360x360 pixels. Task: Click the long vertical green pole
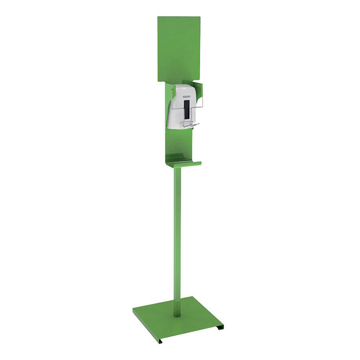coord(177,234)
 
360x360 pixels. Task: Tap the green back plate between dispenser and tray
coord(180,142)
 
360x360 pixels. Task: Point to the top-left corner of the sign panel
coord(158,18)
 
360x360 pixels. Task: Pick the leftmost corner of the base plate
coord(134,310)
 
